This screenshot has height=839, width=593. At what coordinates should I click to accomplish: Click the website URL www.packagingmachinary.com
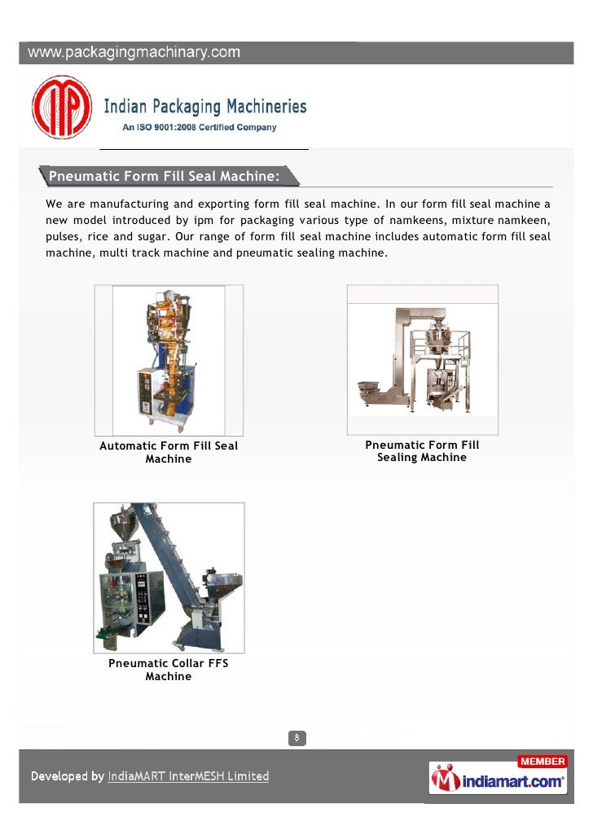[135, 53]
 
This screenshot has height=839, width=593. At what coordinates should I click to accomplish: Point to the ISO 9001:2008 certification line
[199, 127]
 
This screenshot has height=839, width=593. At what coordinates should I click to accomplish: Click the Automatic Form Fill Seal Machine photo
[169, 360]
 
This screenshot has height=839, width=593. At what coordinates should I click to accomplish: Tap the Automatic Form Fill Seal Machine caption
[169, 452]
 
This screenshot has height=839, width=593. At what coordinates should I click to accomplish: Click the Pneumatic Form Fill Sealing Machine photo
[422, 360]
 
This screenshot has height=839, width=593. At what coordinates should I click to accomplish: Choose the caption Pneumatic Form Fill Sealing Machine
[422, 451]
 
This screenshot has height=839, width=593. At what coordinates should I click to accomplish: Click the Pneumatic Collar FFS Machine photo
[169, 578]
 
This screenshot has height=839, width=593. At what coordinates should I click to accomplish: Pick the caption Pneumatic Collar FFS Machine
[169, 670]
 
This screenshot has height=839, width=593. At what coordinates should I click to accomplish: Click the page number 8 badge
[297, 738]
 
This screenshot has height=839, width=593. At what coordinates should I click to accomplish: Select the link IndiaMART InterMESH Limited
[188, 776]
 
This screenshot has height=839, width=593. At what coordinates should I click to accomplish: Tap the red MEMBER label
[542, 762]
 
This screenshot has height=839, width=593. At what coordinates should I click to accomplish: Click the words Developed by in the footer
[68, 776]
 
